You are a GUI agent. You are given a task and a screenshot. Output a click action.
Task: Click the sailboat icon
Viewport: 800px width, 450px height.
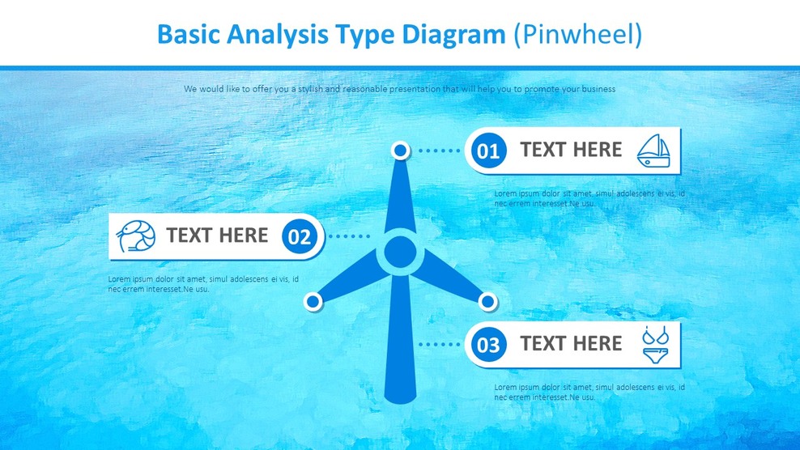[x=653, y=151]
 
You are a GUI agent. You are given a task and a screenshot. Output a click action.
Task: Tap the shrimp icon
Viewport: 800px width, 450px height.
[x=135, y=236]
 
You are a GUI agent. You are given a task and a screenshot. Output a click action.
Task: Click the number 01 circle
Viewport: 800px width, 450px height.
[x=488, y=151]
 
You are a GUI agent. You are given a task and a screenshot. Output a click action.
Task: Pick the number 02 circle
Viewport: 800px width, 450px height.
[x=300, y=237]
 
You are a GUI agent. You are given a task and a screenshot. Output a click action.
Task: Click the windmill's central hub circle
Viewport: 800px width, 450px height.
[x=399, y=253]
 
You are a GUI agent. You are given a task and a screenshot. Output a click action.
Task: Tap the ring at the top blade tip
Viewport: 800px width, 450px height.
[x=400, y=150]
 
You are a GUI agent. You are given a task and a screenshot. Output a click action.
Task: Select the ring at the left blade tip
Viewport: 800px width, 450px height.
[x=313, y=302]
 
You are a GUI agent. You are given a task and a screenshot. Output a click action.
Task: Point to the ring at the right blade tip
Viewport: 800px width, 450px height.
[x=487, y=302]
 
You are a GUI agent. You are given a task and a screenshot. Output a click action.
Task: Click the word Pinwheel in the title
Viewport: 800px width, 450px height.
[x=577, y=34]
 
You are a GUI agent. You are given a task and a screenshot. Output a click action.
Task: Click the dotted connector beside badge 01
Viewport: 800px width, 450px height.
[x=438, y=151]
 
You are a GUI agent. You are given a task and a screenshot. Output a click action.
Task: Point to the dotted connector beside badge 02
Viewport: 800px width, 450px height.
[x=350, y=236]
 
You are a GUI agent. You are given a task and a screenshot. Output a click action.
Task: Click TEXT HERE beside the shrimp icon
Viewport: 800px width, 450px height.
[x=217, y=236]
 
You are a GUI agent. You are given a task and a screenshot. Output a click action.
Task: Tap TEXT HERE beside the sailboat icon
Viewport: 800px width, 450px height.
[x=571, y=150]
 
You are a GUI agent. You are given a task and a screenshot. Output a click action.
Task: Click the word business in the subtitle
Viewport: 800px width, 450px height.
[x=597, y=89]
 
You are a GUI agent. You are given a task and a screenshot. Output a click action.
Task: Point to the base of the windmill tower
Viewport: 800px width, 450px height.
[x=395, y=397]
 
